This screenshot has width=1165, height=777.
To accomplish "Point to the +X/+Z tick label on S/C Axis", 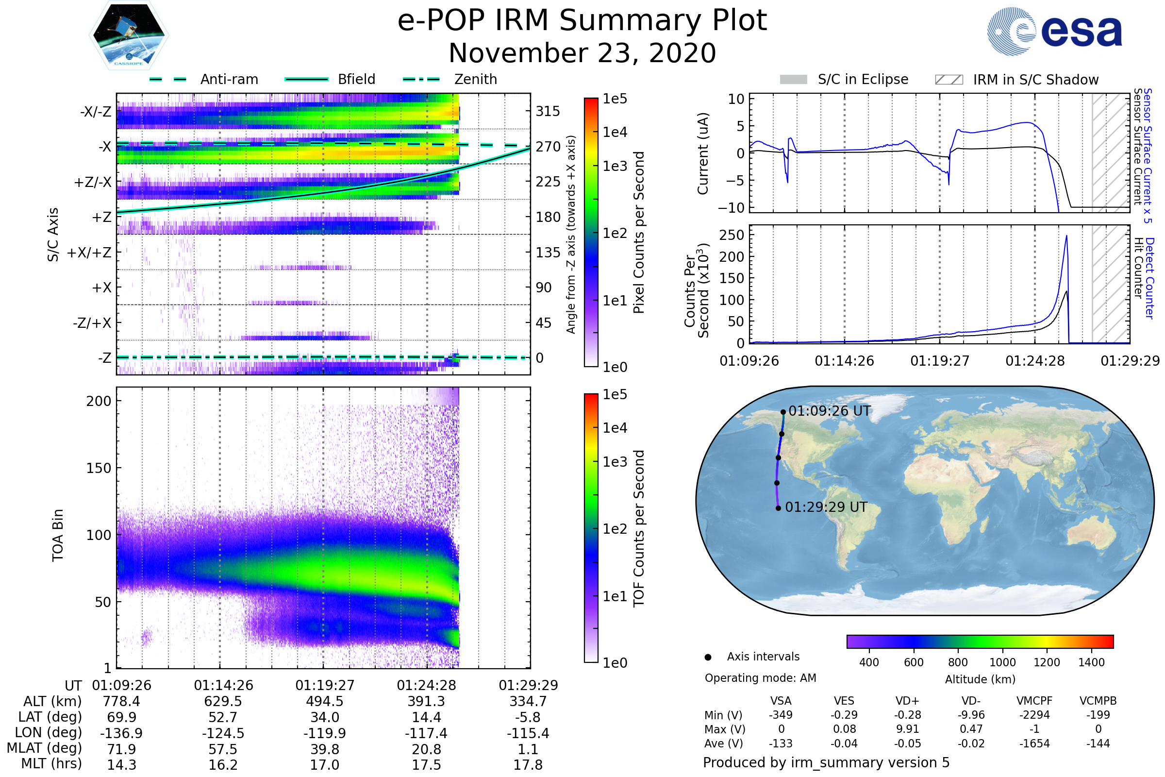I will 89,253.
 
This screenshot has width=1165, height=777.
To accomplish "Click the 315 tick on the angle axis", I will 548,111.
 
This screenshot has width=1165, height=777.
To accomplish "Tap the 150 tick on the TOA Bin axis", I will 99,468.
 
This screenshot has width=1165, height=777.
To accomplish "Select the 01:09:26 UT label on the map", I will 829,411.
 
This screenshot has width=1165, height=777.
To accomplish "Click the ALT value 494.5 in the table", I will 324,702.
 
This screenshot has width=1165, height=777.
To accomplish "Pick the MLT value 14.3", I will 121,764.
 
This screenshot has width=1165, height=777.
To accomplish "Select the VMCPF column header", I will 1034,701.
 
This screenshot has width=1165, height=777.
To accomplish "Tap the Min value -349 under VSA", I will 781,715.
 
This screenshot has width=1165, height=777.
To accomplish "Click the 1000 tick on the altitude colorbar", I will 1002,662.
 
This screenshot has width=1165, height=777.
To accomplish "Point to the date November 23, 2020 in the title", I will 582,53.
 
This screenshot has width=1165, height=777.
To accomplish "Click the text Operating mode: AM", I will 760,678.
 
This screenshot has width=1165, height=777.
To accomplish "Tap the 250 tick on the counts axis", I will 732,235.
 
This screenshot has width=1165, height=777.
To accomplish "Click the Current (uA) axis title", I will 703,153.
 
